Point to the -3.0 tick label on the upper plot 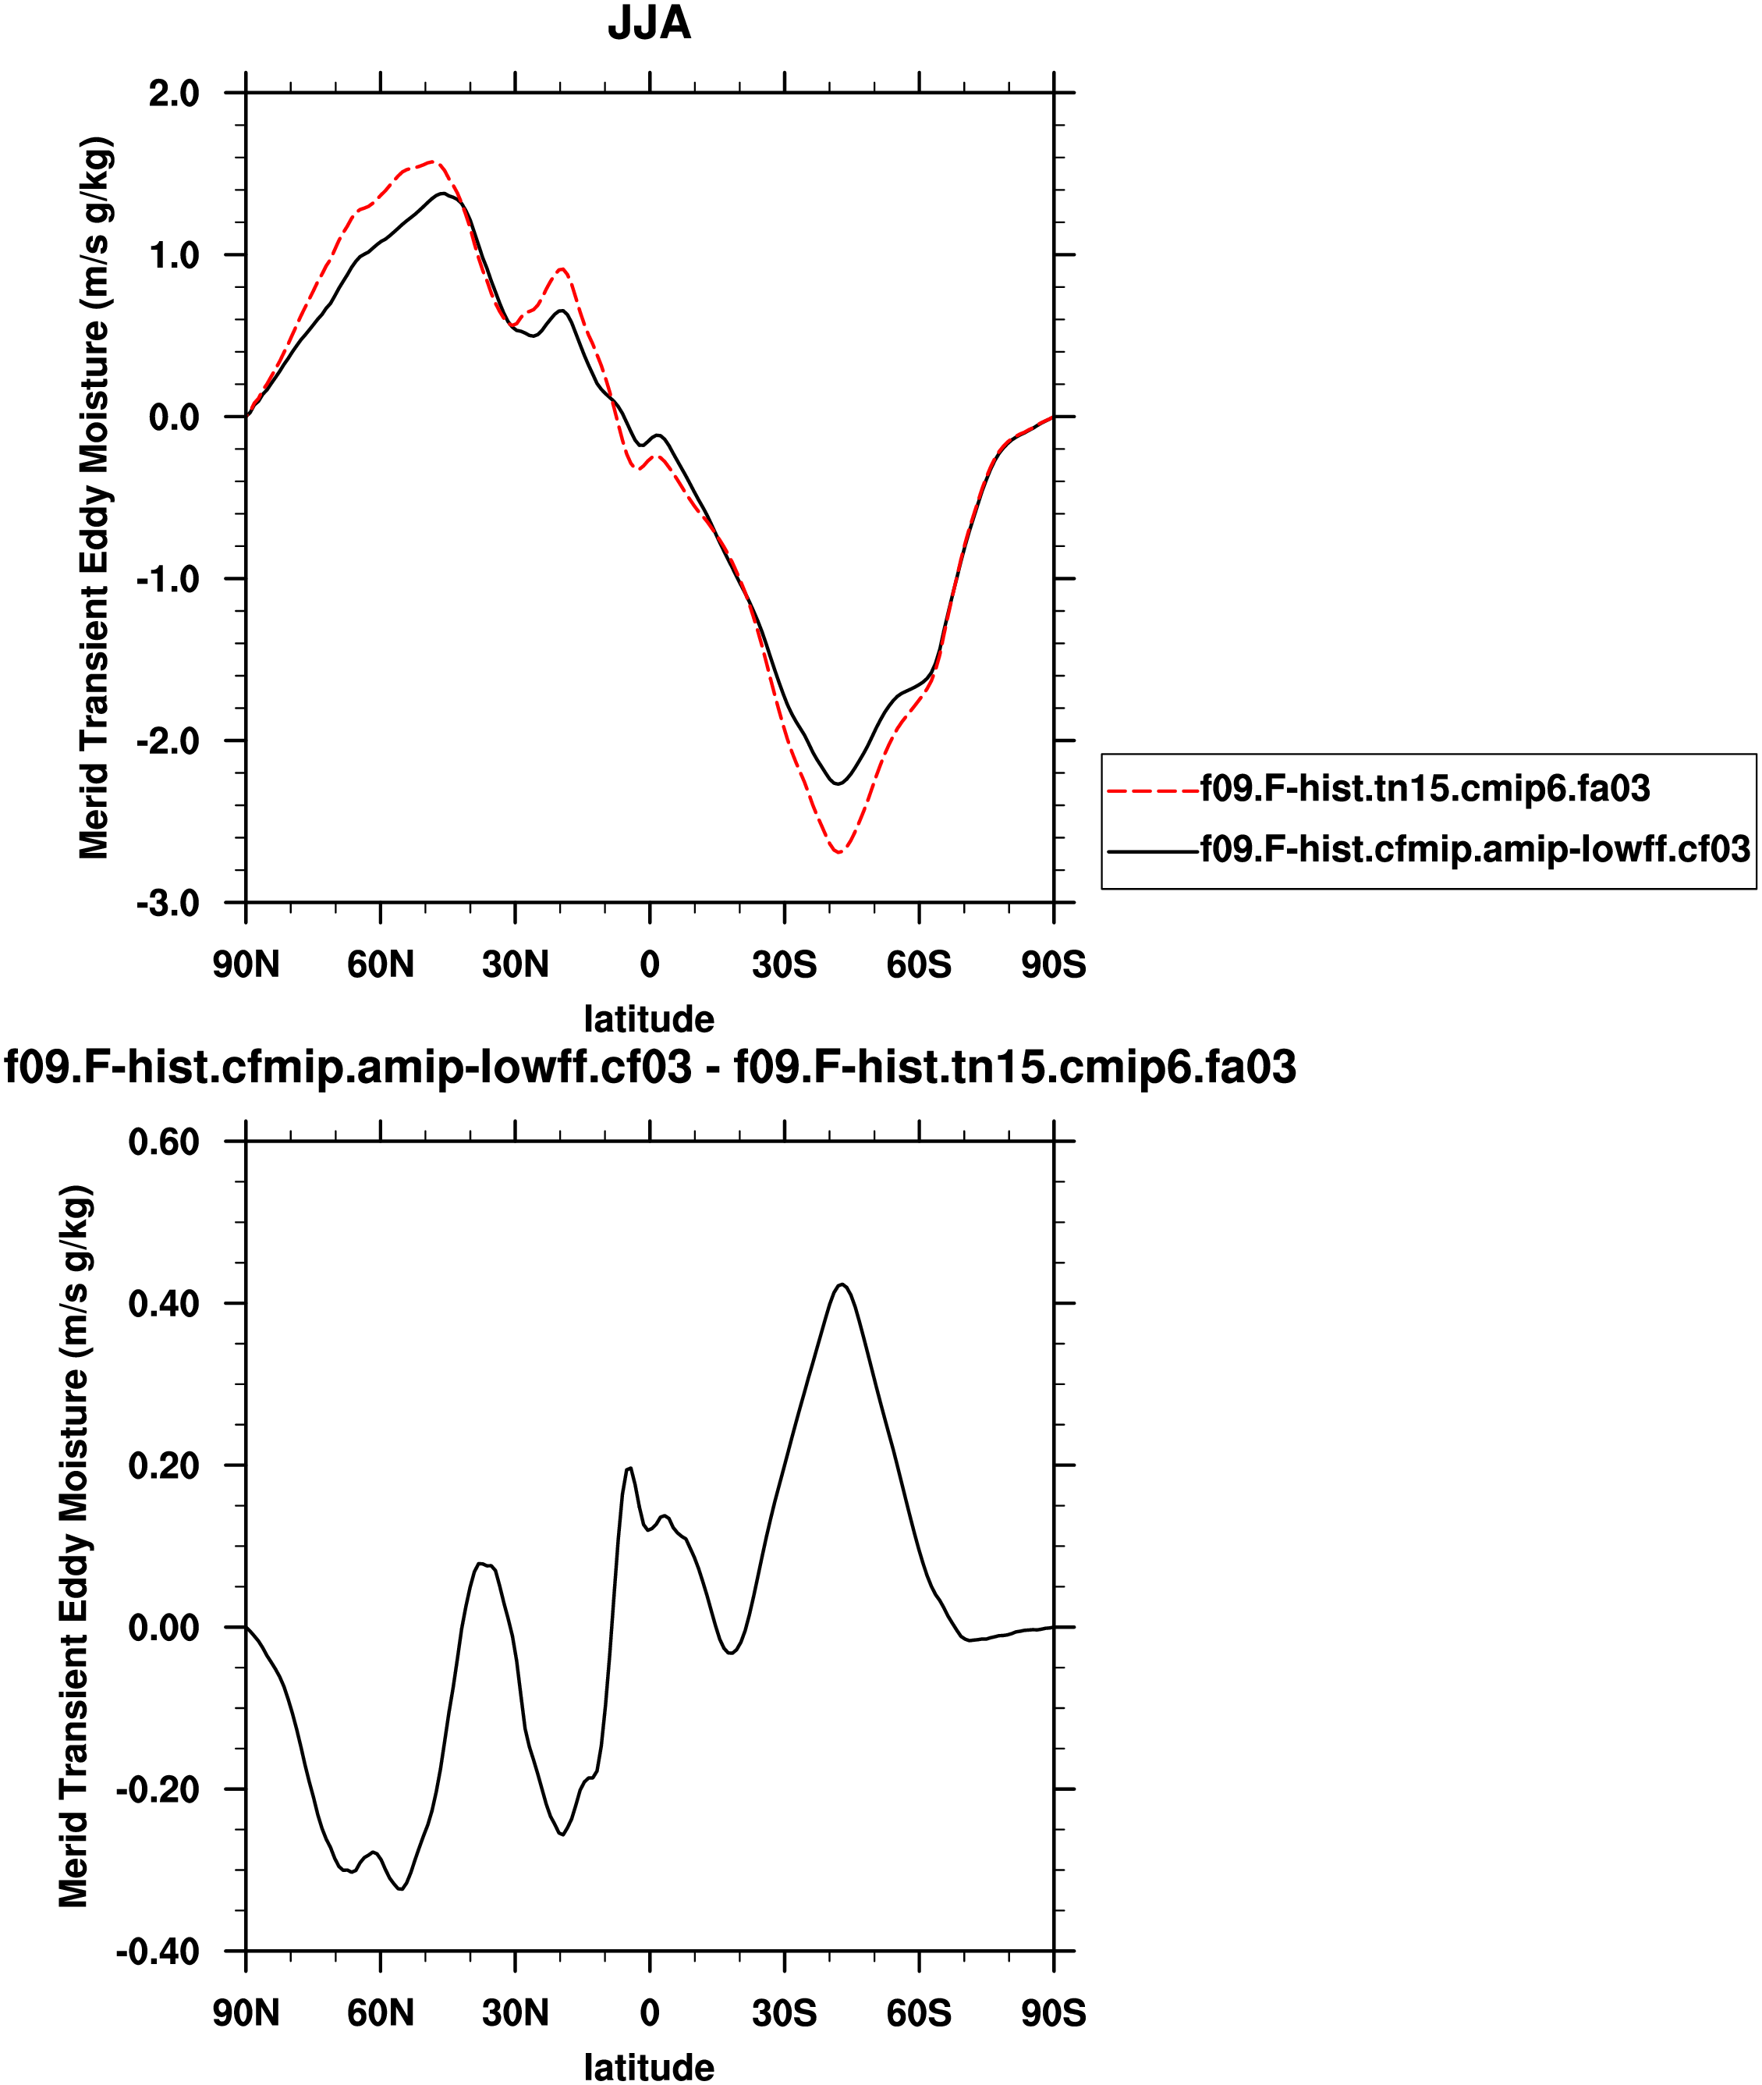coord(168,903)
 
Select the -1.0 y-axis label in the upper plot coord(168,580)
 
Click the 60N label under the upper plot coord(380,965)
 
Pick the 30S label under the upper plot coord(784,965)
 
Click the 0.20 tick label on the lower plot coord(164,1465)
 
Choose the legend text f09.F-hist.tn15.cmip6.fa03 coord(1425,788)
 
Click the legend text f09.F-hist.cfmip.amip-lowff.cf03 coord(1475,849)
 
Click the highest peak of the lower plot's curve coord(843,1284)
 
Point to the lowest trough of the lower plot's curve coord(402,1889)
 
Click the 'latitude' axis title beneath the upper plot coord(649,1019)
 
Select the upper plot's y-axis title coord(95,498)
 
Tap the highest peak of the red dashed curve coord(431,161)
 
